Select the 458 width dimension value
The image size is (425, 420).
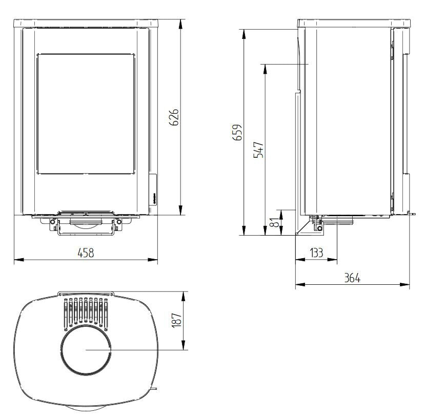pyautogui.click(x=86, y=253)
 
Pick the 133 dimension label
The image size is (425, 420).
pyautogui.click(x=316, y=253)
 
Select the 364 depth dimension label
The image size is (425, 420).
pyautogui.click(x=352, y=278)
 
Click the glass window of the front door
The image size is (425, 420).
pyautogui.click(x=86, y=113)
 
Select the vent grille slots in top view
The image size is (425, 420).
pyautogui.click(x=86, y=311)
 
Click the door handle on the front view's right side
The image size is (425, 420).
pyautogui.click(x=153, y=190)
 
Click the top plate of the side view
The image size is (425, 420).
pyautogui.click(x=354, y=23)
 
